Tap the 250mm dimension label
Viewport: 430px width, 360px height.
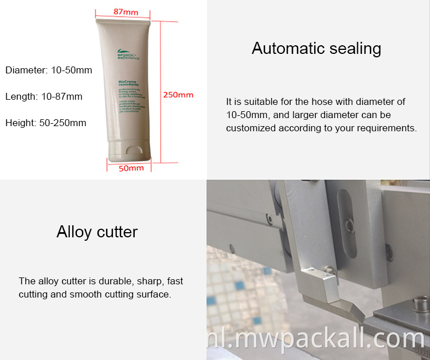click(x=178, y=95)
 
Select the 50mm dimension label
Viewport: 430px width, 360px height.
click(x=131, y=168)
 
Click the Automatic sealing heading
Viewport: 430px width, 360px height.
click(x=316, y=48)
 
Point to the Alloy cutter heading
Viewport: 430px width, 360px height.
click(x=97, y=232)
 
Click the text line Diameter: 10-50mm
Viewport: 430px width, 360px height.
click(x=49, y=71)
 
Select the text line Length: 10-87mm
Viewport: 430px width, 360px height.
click(x=44, y=96)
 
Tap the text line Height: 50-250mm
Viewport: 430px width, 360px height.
click(x=46, y=123)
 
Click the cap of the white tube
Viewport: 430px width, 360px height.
click(x=127, y=152)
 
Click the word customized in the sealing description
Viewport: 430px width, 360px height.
click(x=252, y=128)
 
